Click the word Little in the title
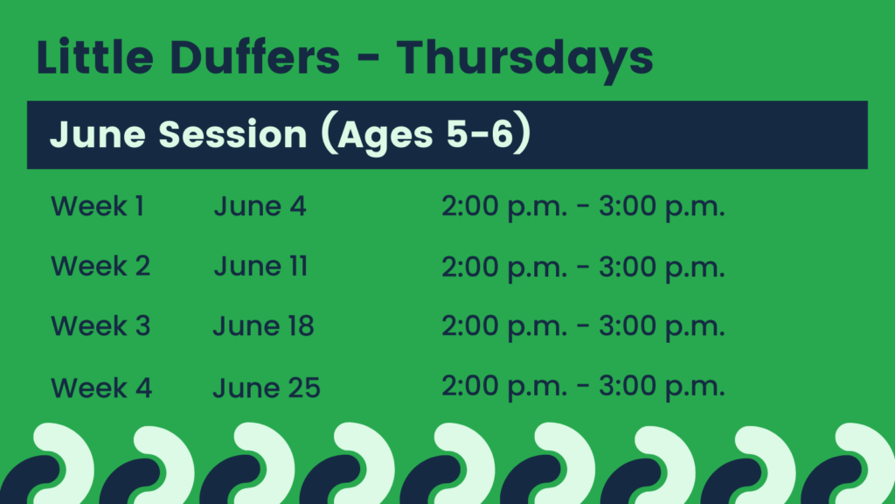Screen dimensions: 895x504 point(94,57)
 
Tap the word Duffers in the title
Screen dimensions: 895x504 point(255,57)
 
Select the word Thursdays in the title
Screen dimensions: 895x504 point(525,61)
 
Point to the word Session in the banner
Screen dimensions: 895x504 point(232,134)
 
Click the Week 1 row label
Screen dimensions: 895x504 point(98,206)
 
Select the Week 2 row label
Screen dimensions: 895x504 point(101,266)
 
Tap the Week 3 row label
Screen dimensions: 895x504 point(101,325)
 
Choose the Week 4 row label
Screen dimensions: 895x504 point(101,388)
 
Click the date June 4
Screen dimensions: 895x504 point(260,206)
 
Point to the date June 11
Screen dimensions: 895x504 point(260,266)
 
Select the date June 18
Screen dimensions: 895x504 point(264,325)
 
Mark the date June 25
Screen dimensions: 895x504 point(267,388)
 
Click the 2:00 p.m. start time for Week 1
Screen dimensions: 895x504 point(504,206)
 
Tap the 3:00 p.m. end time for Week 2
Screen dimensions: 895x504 point(662,267)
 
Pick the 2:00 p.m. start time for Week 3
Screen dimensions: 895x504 point(504,326)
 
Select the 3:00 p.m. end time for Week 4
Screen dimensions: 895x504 point(662,386)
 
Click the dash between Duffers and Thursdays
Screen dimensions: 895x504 point(368,59)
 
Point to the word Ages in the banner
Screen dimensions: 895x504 point(385,136)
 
